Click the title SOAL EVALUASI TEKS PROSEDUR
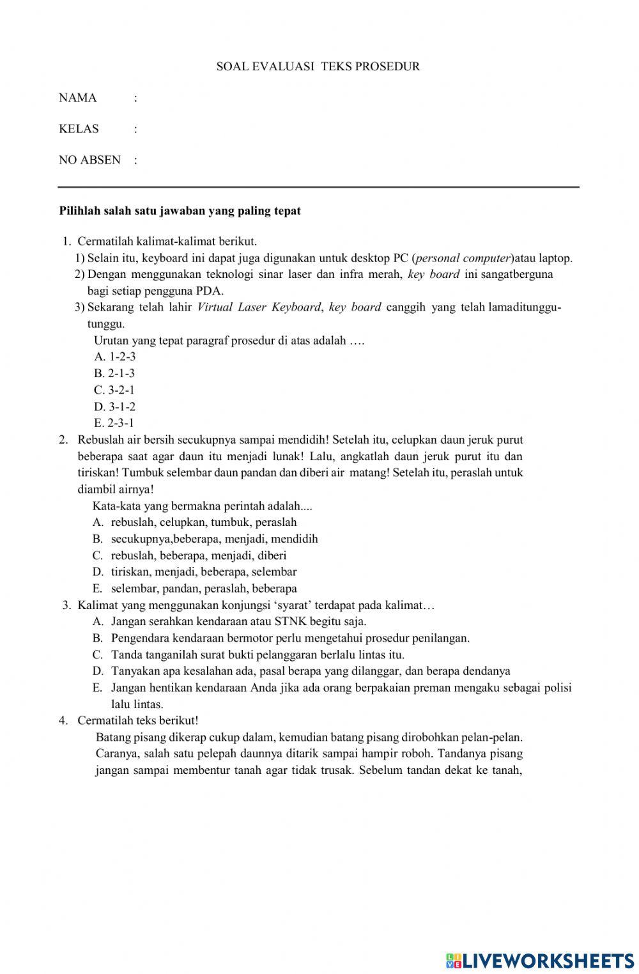[318, 66]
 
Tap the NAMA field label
[77, 98]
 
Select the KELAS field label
[79, 128]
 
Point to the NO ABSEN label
[89, 160]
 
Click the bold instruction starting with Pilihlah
[180, 210]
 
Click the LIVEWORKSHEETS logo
[540, 960]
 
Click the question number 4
[63, 720]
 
